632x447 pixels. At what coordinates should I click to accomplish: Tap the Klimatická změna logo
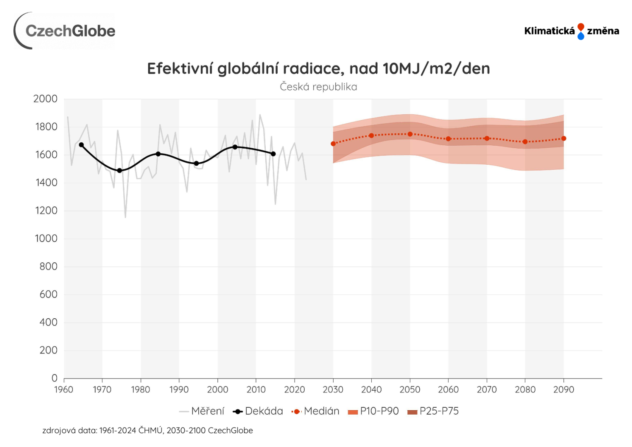pyautogui.click(x=571, y=31)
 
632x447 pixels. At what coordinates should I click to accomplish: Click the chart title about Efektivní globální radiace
pyautogui.click(x=318, y=69)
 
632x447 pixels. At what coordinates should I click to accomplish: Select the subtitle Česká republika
pyautogui.click(x=318, y=87)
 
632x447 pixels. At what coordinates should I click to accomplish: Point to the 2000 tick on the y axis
pyautogui.click(x=46, y=99)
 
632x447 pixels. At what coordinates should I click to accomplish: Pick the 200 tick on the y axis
pyautogui.click(x=48, y=351)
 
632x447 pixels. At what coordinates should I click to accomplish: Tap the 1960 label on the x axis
pyautogui.click(x=64, y=389)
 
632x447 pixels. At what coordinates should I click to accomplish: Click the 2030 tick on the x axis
pyautogui.click(x=333, y=389)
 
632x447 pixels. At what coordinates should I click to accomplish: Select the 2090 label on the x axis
pyautogui.click(x=564, y=389)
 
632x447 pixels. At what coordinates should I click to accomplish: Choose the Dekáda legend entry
pyautogui.click(x=258, y=411)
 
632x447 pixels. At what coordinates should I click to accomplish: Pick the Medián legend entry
pyautogui.click(x=316, y=411)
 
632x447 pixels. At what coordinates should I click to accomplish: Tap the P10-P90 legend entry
pyautogui.click(x=374, y=411)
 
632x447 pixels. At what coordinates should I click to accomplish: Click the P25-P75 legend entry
pyautogui.click(x=433, y=411)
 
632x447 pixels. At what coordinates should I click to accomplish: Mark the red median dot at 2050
pyautogui.click(x=410, y=134)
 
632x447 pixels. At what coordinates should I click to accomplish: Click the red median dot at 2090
pyautogui.click(x=564, y=139)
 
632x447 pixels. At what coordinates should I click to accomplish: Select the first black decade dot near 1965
pyautogui.click(x=82, y=145)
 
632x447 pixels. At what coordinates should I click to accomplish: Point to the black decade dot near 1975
pyautogui.click(x=120, y=171)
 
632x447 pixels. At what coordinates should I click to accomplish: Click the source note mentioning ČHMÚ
pyautogui.click(x=147, y=430)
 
